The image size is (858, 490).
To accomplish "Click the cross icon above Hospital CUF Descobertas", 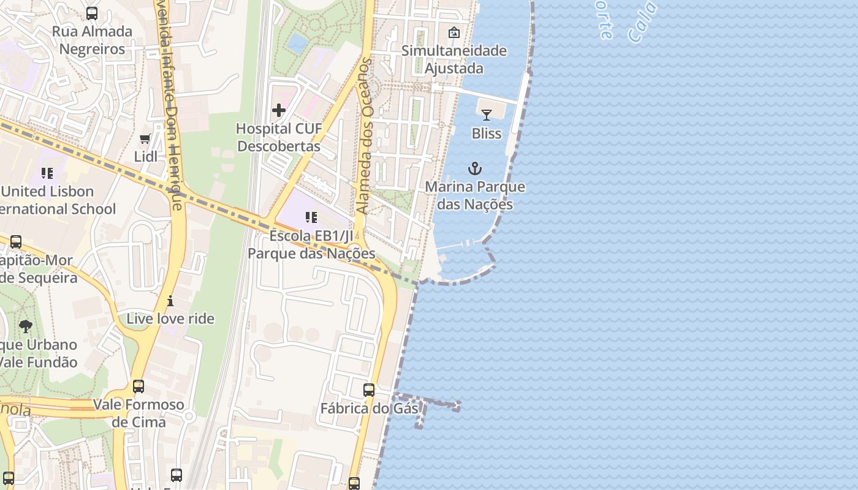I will (x=279, y=110).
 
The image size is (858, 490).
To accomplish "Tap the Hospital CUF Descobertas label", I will (x=279, y=138).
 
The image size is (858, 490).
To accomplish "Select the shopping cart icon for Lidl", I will (x=145, y=139).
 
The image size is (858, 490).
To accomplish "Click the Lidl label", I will (x=146, y=156).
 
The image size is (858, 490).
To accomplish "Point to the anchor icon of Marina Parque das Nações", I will (x=475, y=168).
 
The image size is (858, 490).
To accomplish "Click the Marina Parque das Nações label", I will (x=475, y=195).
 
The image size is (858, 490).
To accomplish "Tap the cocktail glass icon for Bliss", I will (x=487, y=115).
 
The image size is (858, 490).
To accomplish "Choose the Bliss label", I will (x=487, y=133).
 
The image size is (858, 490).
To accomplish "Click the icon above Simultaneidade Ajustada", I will (x=454, y=32).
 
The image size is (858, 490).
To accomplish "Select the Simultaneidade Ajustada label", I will (x=454, y=59).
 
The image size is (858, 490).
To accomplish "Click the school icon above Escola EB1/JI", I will (x=311, y=217).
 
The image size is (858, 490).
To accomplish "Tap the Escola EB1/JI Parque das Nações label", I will (x=311, y=244).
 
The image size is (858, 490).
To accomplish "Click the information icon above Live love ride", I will (x=170, y=301).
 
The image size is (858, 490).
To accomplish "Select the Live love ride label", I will (x=170, y=318).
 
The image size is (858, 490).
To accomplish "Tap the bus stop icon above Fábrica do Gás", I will (x=369, y=390).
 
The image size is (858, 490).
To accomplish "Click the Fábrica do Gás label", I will (x=369, y=409).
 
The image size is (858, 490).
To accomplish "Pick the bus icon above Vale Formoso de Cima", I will (x=139, y=386).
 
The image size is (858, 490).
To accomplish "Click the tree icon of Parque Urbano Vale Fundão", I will (x=26, y=326).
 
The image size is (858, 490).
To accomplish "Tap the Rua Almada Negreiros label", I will (x=92, y=40).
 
